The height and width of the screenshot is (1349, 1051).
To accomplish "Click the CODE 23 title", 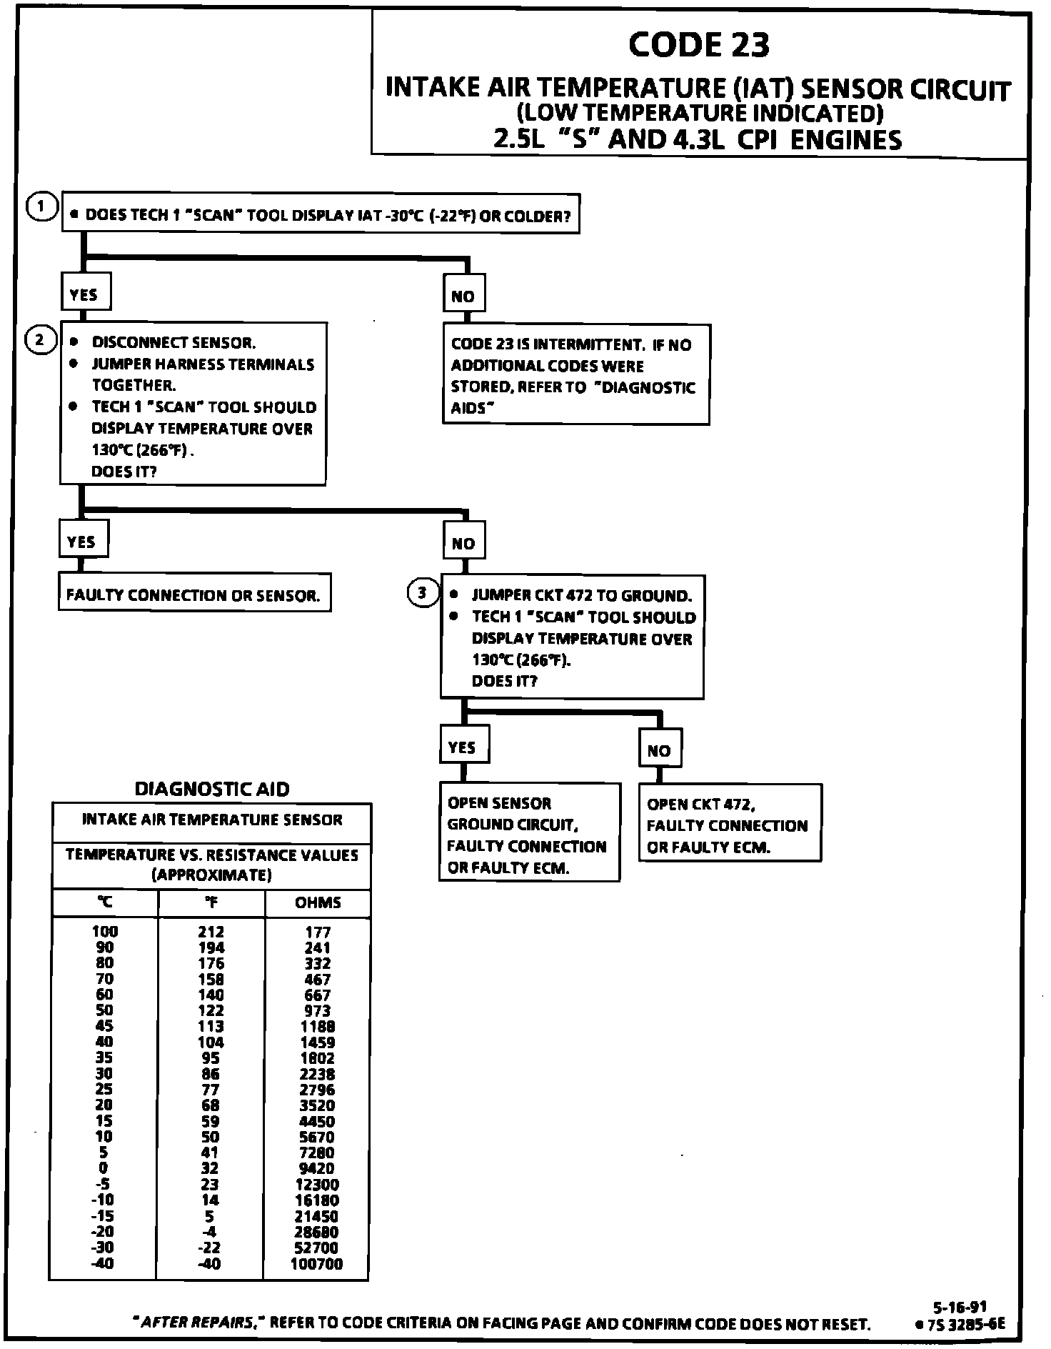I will pyautogui.click(x=699, y=45).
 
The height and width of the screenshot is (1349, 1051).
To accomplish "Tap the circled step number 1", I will pyautogui.click(x=41, y=207).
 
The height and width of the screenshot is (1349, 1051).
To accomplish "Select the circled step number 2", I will pyautogui.click(x=40, y=340).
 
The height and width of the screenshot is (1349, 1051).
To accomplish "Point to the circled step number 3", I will pyautogui.click(x=422, y=592).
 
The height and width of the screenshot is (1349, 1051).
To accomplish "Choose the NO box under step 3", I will pyautogui.click(x=659, y=750).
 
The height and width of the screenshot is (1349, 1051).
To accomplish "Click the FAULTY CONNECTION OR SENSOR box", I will pyautogui.click(x=194, y=594).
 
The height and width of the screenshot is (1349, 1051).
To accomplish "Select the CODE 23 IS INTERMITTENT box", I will pyautogui.click(x=575, y=375).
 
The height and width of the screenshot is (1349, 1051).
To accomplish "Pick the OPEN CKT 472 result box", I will pyautogui.click(x=729, y=825).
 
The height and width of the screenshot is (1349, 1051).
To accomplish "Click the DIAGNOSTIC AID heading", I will pyautogui.click(x=212, y=789).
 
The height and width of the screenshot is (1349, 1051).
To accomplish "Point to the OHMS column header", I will pyautogui.click(x=318, y=902).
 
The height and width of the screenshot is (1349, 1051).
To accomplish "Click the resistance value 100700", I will pyautogui.click(x=316, y=1263).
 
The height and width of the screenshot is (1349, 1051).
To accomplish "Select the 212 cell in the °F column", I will pyautogui.click(x=211, y=932).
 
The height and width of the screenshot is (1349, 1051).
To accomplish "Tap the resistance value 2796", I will pyautogui.click(x=318, y=1090).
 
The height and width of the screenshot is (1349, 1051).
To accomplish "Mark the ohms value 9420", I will pyautogui.click(x=318, y=1168).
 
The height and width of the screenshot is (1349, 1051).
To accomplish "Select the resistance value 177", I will pyautogui.click(x=318, y=932).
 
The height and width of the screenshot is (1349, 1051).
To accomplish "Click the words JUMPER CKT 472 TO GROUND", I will pyautogui.click(x=581, y=595).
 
